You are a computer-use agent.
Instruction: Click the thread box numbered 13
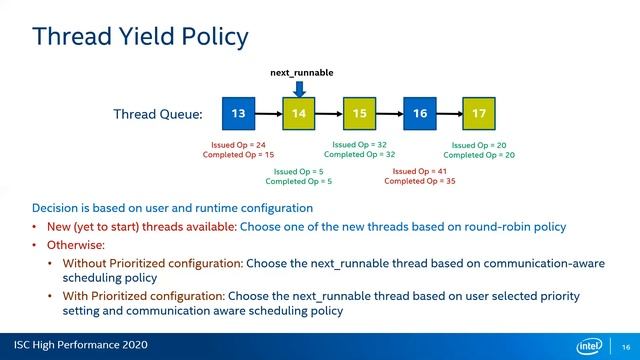(x=238, y=114)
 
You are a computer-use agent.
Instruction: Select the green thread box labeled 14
(x=298, y=114)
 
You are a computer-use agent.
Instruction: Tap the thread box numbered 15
(x=359, y=114)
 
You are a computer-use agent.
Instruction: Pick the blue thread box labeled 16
(x=419, y=114)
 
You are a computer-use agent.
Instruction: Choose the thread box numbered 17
(x=479, y=114)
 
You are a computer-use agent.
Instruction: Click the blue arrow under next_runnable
(x=299, y=88)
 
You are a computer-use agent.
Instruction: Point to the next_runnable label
(x=302, y=73)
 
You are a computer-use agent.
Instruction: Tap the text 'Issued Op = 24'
(x=238, y=145)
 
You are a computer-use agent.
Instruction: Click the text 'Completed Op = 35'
(x=419, y=181)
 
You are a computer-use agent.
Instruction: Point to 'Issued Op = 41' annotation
(x=419, y=171)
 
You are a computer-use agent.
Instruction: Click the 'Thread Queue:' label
(x=158, y=114)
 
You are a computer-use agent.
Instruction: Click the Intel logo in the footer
(x=592, y=346)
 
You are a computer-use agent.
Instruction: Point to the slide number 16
(x=625, y=346)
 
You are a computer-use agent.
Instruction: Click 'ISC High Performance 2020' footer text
(x=76, y=346)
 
